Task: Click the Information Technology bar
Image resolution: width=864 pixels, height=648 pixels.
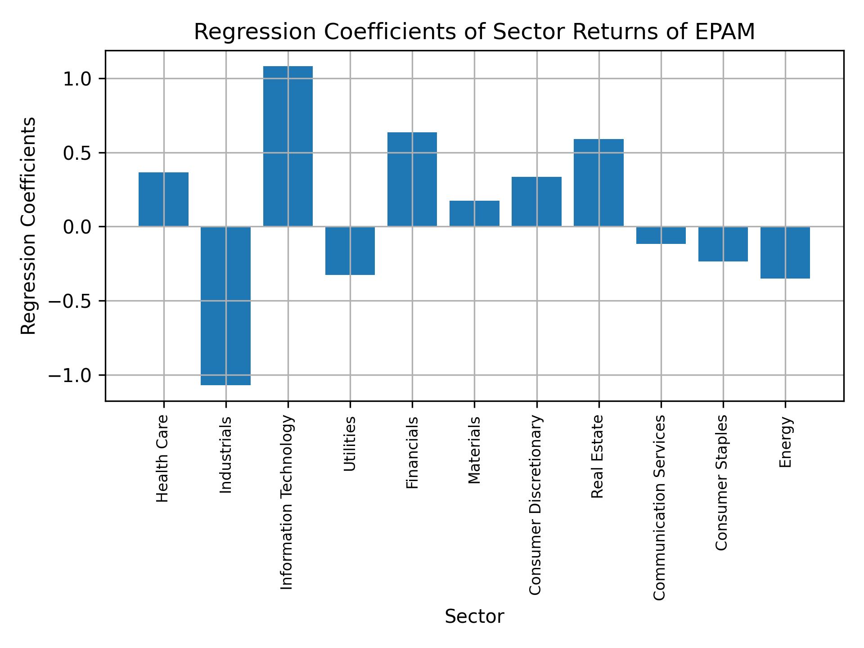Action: [x=288, y=146]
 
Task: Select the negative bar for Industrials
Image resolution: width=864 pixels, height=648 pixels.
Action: [x=225, y=306]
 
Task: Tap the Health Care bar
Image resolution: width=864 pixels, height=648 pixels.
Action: [x=163, y=199]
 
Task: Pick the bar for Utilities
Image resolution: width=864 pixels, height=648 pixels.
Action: [x=350, y=251]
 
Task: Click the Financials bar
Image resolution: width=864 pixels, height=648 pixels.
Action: [x=412, y=179]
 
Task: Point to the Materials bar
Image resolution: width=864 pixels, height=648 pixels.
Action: [x=474, y=213]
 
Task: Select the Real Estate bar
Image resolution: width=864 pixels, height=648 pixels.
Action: [x=598, y=183]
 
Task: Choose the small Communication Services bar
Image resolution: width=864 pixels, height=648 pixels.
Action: [x=661, y=235]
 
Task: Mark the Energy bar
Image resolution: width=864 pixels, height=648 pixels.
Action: [x=785, y=252]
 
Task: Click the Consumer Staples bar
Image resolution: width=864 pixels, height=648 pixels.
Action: [x=723, y=244]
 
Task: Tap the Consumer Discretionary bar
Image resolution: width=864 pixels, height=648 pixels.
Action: [x=536, y=202]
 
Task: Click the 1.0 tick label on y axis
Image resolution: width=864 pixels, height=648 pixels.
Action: [x=77, y=79]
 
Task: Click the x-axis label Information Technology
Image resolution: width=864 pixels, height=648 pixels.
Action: [x=287, y=502]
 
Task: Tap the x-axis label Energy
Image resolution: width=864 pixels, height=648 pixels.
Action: [x=785, y=442]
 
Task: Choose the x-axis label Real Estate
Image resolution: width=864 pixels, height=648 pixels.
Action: [x=597, y=457]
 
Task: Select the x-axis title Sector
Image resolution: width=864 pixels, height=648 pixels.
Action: [x=474, y=616]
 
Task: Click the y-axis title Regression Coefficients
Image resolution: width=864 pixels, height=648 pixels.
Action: [x=29, y=226]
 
